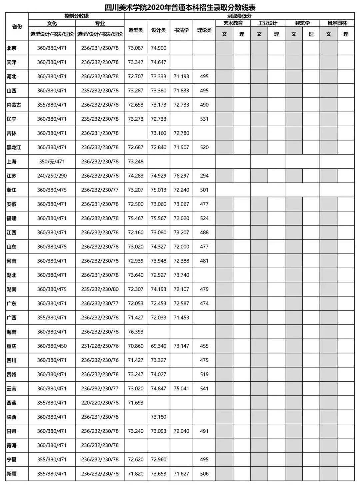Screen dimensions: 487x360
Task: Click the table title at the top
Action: [x=180, y=7]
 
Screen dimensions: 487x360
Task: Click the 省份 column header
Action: [x=17, y=27]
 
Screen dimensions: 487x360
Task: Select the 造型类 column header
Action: [x=136, y=30]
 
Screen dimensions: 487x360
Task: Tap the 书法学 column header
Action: [x=181, y=30]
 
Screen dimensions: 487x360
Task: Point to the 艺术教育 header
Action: [x=233, y=23]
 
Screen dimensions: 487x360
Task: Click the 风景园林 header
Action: [x=337, y=23]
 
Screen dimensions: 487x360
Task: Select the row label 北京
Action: [x=12, y=48]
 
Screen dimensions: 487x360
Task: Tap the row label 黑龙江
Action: [x=14, y=147]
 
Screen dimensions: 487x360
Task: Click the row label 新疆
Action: [x=12, y=474]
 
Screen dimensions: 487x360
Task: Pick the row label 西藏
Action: [x=12, y=403]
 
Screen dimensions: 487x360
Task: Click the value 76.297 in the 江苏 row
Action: [x=181, y=176]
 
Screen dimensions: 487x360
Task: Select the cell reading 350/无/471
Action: [x=52, y=162]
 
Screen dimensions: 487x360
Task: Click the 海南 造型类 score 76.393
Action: [x=136, y=332]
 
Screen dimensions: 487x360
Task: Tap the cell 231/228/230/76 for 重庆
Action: [x=100, y=346]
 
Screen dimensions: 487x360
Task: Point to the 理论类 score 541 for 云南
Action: [x=204, y=388]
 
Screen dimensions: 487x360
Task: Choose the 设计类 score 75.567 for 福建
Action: [x=158, y=218]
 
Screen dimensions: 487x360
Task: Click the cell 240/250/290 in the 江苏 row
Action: [x=52, y=176]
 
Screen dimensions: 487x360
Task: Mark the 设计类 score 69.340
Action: [x=158, y=346]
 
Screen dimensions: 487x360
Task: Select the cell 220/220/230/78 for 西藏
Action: [x=100, y=403]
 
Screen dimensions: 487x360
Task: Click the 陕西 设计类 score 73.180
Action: [x=158, y=417]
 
